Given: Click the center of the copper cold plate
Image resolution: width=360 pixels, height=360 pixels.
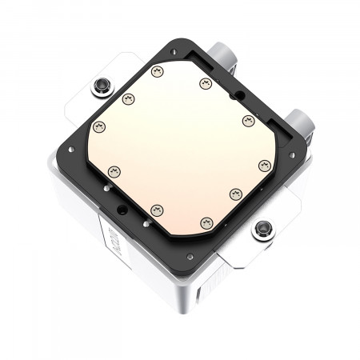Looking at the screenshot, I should pos(180,148).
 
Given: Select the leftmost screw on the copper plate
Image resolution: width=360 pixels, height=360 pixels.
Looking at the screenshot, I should pos(100,126).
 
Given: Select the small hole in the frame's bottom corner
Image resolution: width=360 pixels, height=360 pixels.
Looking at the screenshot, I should pos(190,257).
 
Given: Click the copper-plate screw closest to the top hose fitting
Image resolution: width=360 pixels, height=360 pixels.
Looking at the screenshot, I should pos(202,82).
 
